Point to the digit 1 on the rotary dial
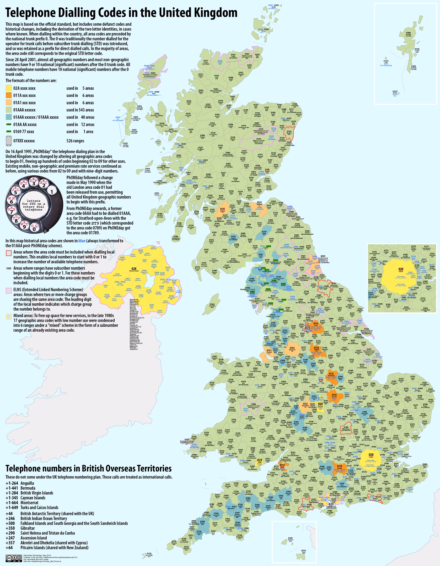[x=52, y=192]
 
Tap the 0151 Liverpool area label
[x=269, y=351]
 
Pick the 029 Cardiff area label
[x=260, y=460]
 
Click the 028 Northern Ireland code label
[x=134, y=269]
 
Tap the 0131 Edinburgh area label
[x=259, y=203]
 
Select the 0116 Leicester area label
[x=334, y=395]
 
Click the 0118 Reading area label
[x=339, y=467]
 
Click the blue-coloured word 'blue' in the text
[x=82, y=241]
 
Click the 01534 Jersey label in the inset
[x=304, y=550]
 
